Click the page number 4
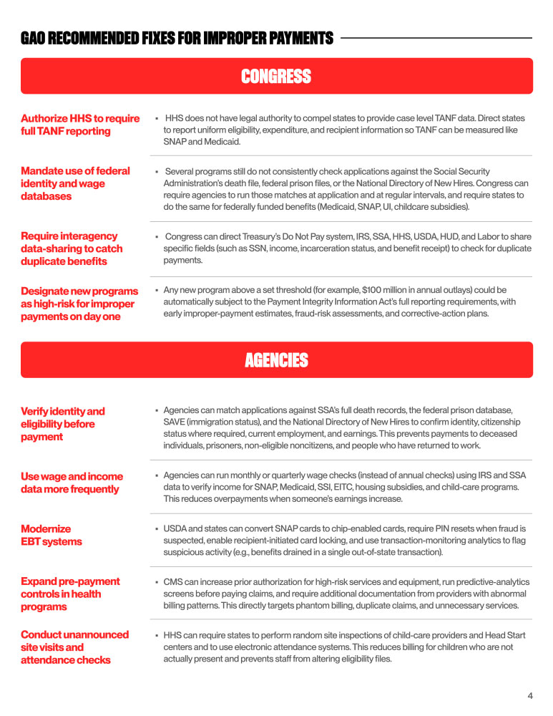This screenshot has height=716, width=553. tap(530, 695)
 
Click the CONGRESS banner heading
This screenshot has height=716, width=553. tap(276, 77)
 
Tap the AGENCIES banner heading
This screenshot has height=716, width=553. tap(276, 360)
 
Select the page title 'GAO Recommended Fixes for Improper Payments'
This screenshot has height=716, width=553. tap(177, 38)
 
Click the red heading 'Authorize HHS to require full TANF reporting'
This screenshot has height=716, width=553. tap(80, 125)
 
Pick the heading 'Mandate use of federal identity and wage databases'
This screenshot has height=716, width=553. tap(75, 183)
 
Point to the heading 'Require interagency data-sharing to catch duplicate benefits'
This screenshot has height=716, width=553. tap(72, 248)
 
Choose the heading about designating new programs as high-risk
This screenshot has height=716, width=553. tap(79, 304)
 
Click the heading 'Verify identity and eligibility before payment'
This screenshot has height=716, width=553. tap(63, 424)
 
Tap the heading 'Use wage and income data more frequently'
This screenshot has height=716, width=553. tap(72, 483)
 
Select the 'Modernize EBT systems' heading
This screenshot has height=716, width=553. tap(52, 535)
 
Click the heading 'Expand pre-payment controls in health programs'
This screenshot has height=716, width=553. tap(70, 594)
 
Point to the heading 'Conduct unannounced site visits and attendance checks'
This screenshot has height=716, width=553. tap(74, 647)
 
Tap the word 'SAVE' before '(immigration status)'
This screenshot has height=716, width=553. tap(175, 422)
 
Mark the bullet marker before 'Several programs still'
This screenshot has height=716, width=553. tap(157, 172)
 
